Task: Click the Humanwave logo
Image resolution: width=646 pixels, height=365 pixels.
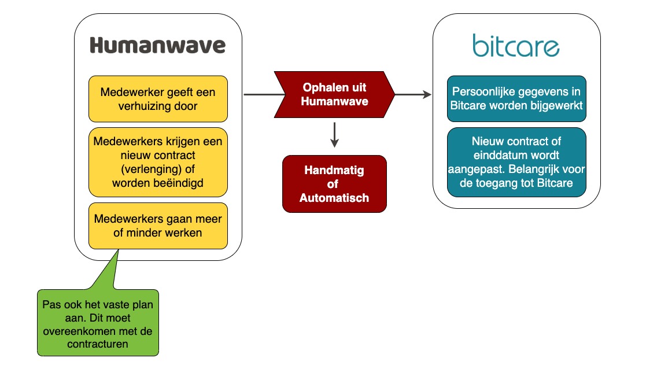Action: (158, 45)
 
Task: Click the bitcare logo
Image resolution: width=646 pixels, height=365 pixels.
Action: (516, 45)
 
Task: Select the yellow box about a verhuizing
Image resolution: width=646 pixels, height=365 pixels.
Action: (158, 99)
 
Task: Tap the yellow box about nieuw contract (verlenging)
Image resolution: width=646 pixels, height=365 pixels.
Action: (158, 163)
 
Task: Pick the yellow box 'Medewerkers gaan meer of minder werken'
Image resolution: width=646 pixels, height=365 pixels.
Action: (158, 226)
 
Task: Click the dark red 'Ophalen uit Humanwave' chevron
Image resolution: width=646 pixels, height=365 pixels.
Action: (334, 94)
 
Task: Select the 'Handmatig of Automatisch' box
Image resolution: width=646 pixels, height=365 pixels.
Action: (334, 184)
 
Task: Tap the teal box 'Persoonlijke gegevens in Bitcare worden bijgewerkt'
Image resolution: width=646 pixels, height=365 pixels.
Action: (516, 99)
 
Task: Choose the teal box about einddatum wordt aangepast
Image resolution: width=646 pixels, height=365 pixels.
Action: (516, 163)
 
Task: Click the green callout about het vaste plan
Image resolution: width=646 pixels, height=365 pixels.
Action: (98, 323)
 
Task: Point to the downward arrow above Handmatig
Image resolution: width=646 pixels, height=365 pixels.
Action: (334, 135)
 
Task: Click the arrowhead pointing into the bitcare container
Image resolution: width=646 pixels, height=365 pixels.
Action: (427, 94)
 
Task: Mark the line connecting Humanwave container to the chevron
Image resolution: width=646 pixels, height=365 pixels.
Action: (264, 94)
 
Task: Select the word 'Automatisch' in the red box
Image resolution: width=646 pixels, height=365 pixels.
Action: (334, 198)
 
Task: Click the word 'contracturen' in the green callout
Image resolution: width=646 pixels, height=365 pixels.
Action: (98, 344)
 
